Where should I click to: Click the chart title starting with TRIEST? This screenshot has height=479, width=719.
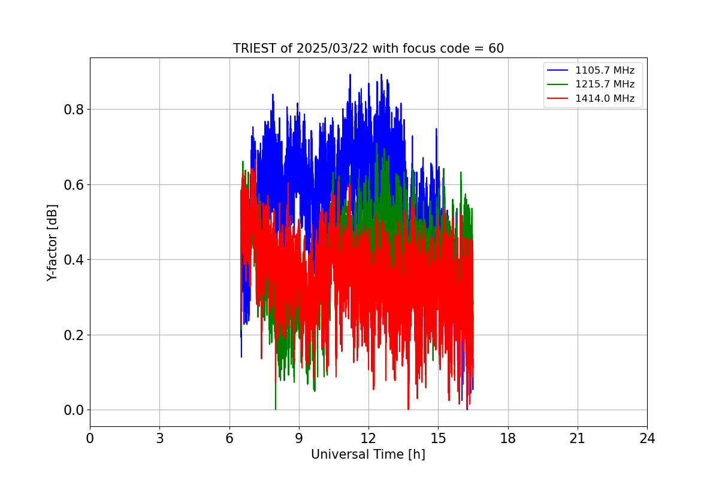(368, 48)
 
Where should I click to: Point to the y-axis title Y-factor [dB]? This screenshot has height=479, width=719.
(53, 243)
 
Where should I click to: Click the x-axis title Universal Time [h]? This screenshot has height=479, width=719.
(368, 454)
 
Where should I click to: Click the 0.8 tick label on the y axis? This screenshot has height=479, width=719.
(74, 110)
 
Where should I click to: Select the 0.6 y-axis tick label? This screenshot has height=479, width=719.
(74, 184)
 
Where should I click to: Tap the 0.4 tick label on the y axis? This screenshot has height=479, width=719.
(74, 260)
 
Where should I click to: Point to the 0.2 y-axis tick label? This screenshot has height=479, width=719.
(74, 335)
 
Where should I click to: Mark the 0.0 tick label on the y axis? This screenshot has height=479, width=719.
(74, 410)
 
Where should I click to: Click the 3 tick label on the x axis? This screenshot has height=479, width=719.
(159, 438)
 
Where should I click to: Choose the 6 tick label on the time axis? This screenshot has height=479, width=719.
(229, 438)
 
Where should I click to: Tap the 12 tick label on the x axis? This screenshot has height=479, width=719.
(368, 438)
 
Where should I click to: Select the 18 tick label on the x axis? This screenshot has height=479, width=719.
(507, 438)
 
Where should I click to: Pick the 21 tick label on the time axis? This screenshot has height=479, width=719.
(577, 438)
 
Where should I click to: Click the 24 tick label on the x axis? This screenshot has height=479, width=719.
(647, 438)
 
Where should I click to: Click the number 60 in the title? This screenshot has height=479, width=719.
(496, 48)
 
